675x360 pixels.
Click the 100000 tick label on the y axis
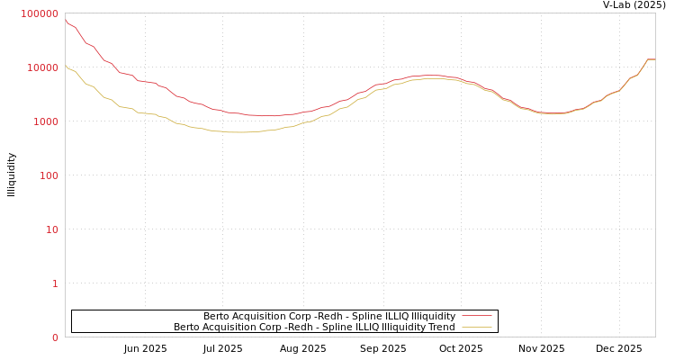coord(40,13)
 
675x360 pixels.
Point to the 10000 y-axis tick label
coord(42,67)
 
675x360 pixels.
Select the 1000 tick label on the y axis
coord(45,121)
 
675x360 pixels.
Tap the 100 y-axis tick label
coord(48,175)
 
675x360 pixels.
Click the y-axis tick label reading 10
coord(51,229)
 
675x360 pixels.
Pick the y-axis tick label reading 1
coord(55,283)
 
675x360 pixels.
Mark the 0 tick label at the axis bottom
coord(55,337)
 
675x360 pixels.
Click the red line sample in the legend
coord(476,316)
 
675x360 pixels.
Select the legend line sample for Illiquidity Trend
coord(476,327)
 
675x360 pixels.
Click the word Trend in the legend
coord(443,327)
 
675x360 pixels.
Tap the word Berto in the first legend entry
coord(218,316)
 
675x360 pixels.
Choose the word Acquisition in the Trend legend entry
coord(232,327)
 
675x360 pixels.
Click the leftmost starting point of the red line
coord(65,21)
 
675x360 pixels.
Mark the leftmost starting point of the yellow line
coord(65,65)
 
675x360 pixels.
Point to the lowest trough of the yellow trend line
coord(239,132)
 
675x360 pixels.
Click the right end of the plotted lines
coord(654,59)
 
